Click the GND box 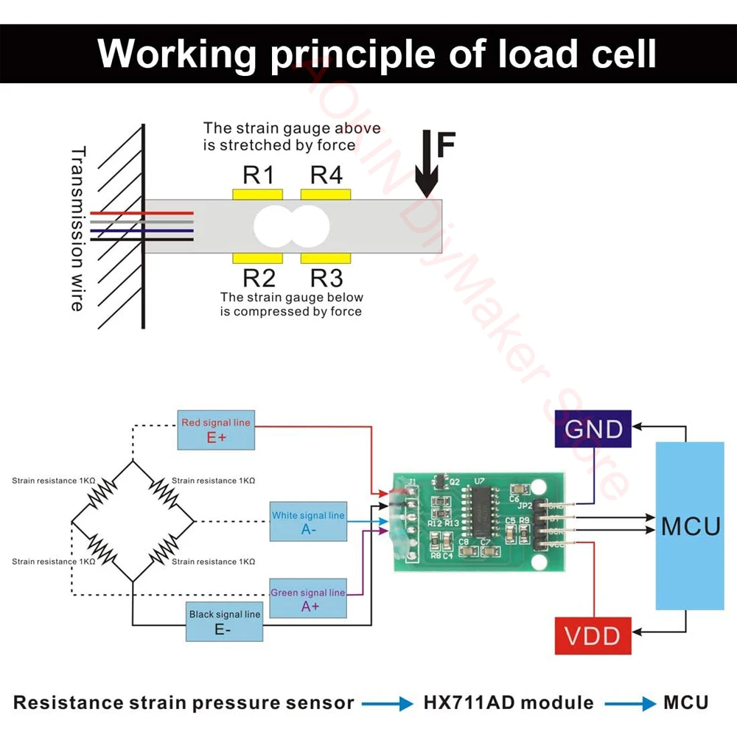pyautogui.click(x=593, y=429)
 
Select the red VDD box pyautogui.click(x=593, y=635)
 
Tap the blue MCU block pyautogui.click(x=689, y=525)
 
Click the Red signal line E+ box pyautogui.click(x=216, y=430)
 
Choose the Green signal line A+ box pyautogui.click(x=308, y=598)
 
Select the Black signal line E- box pyautogui.click(x=224, y=621)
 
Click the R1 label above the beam pyautogui.click(x=258, y=175)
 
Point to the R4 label pyautogui.click(x=326, y=175)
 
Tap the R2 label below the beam pyautogui.click(x=258, y=278)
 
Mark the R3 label pyautogui.click(x=326, y=278)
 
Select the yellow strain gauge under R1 pyautogui.click(x=258, y=194)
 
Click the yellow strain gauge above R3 pyautogui.click(x=326, y=258)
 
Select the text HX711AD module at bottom pyautogui.click(x=509, y=702)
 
